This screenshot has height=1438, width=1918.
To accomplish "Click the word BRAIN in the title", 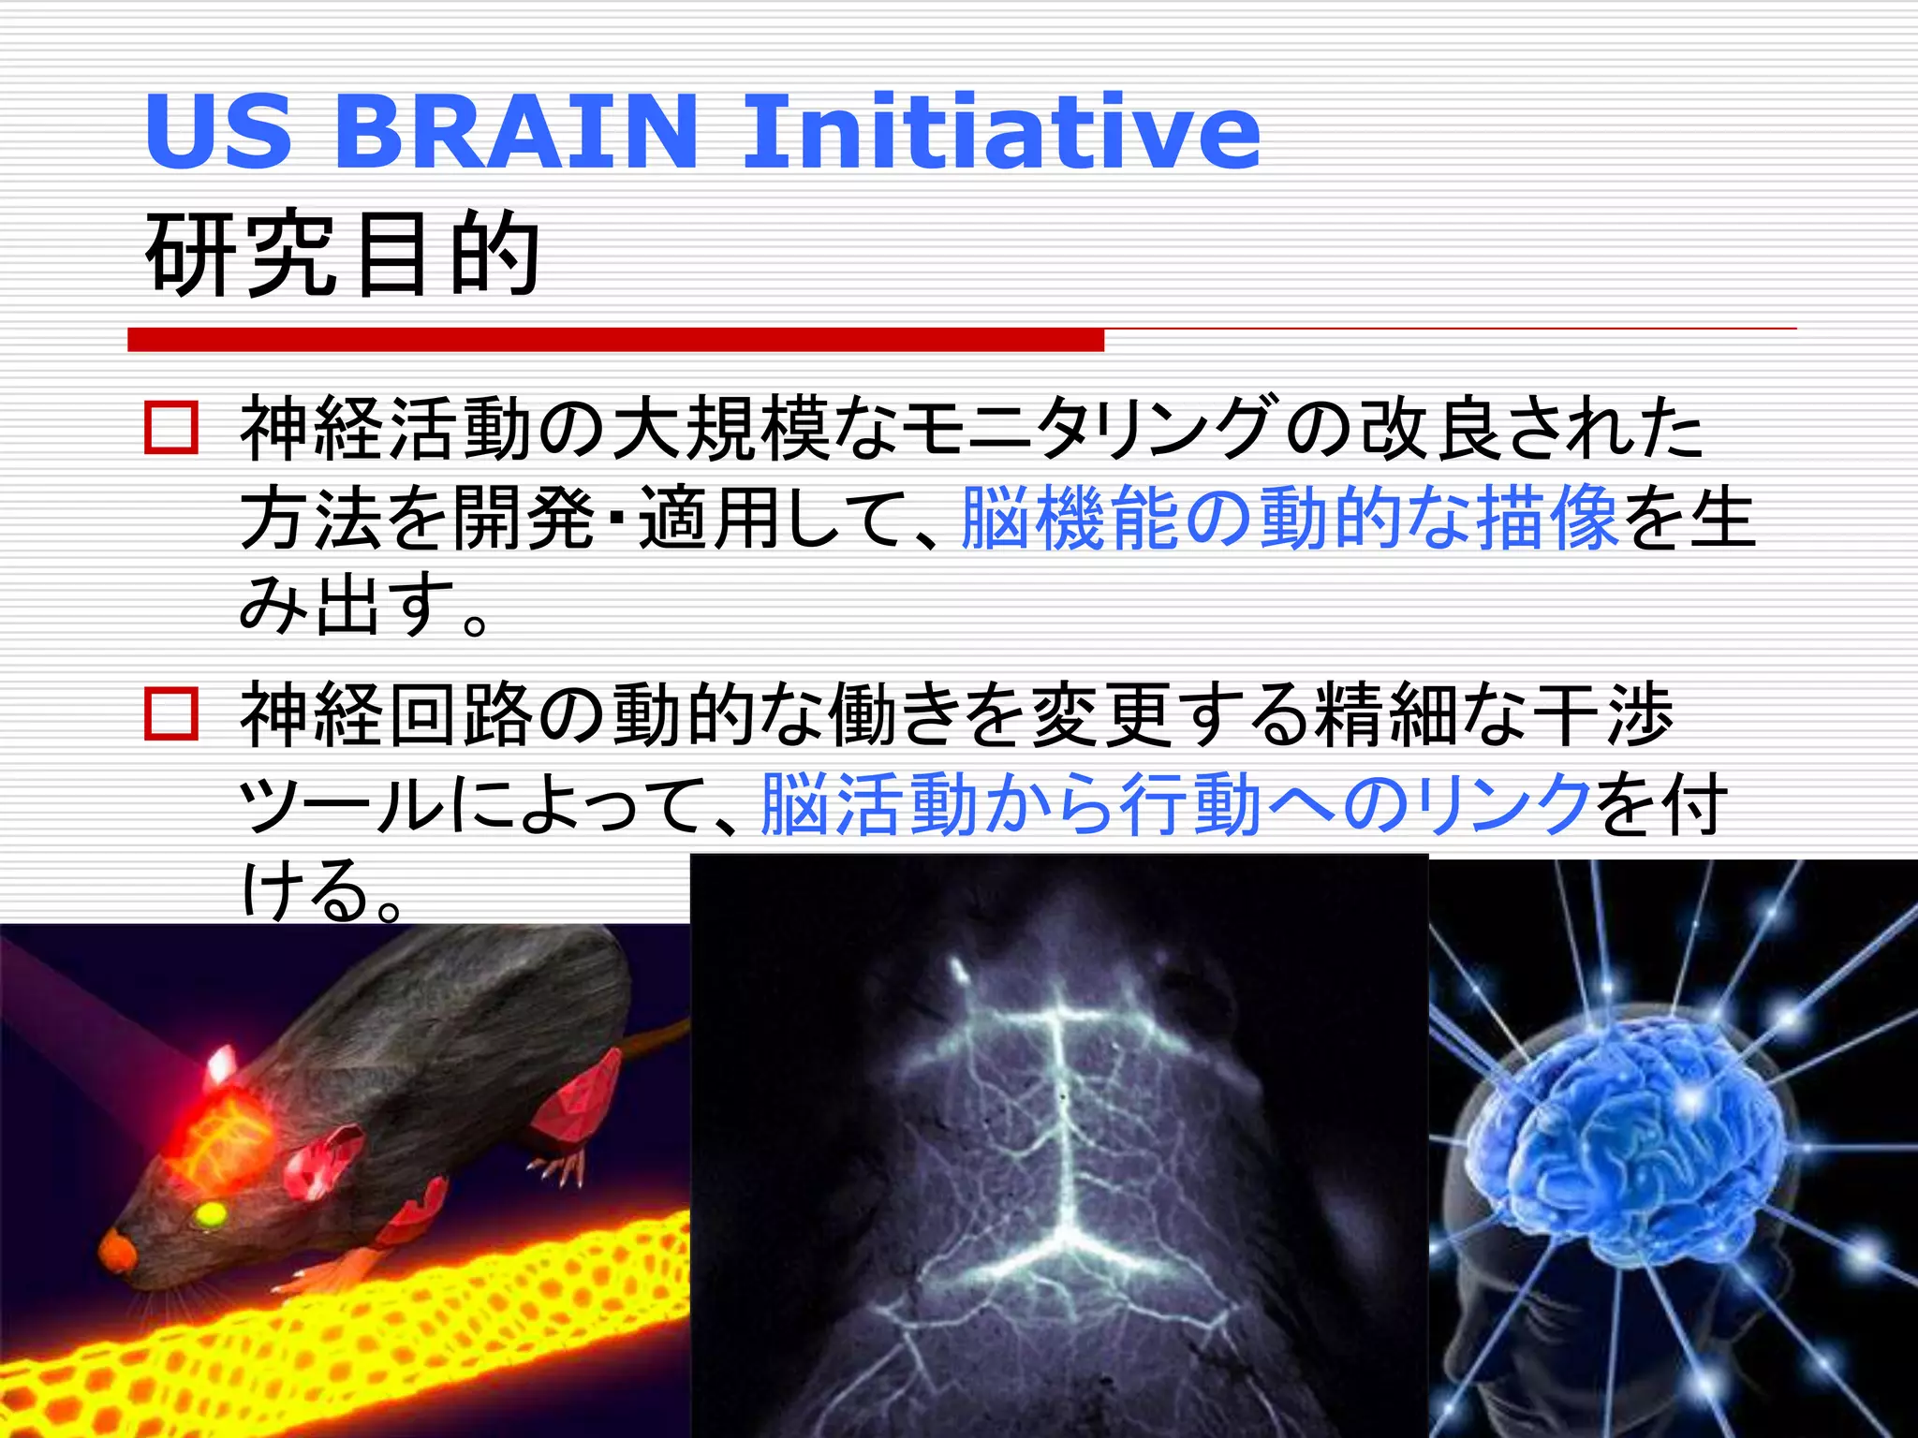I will pos(515,132).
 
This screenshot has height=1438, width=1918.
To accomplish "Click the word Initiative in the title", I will pos(1001,132).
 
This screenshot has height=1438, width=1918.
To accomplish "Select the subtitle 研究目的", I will pos(343,255).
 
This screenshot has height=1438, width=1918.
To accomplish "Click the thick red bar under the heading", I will pos(615,339).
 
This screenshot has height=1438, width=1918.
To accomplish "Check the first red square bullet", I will pos(171,429).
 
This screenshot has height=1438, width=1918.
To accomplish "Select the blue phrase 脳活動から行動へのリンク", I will pos(1176,803).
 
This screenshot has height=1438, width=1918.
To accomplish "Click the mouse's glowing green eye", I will pos(209,1214).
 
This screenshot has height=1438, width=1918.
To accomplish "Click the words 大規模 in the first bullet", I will pos(721,429).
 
